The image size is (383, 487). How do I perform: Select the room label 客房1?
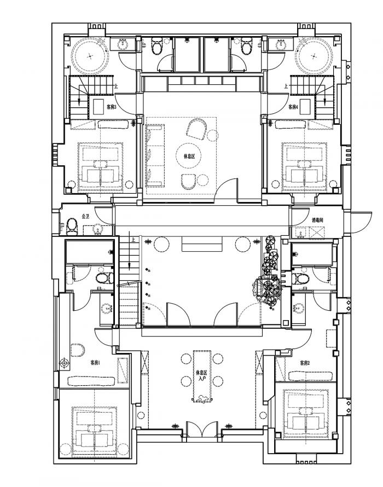(95, 363)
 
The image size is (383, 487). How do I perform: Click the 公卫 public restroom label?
(85, 217)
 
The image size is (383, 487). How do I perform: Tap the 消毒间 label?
(318, 219)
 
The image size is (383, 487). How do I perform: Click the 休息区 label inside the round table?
(189, 156)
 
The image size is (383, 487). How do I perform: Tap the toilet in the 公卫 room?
(71, 225)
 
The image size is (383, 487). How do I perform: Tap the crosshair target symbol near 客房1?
(65, 362)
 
